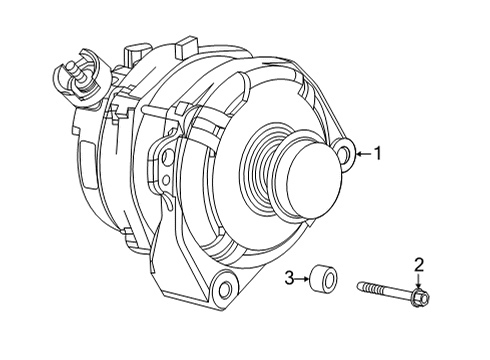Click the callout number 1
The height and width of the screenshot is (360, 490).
378,153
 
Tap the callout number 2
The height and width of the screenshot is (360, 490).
420,264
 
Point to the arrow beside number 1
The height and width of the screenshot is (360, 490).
363,154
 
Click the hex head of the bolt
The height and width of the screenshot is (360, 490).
419,297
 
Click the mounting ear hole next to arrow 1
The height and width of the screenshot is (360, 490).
345,154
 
